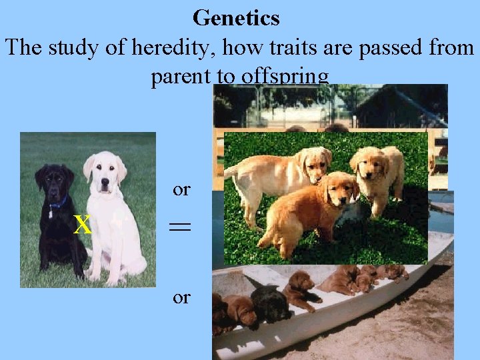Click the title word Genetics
tap(236, 18)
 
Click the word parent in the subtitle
tap(179, 78)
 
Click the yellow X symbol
tap(82, 225)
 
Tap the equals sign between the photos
tap(181, 227)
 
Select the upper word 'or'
tap(181, 190)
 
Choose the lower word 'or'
tap(181, 297)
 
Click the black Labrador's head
tap(55, 181)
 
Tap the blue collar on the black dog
tap(59, 202)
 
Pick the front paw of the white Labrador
tap(93, 274)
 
